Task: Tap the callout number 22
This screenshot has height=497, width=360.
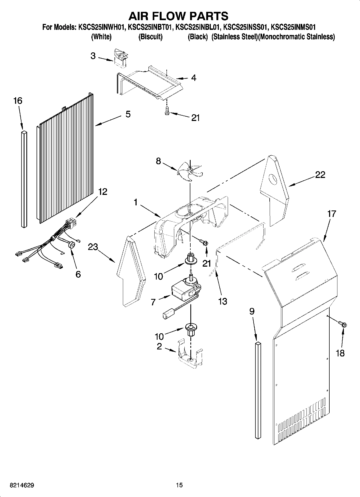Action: (x=320, y=175)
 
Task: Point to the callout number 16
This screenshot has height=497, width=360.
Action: (x=18, y=101)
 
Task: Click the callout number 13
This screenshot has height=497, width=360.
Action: (x=223, y=301)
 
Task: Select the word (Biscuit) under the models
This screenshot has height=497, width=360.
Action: (x=150, y=37)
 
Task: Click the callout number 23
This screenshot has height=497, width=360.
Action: (x=93, y=247)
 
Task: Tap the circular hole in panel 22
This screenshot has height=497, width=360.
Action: (x=273, y=179)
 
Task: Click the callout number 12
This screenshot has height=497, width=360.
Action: (x=102, y=192)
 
